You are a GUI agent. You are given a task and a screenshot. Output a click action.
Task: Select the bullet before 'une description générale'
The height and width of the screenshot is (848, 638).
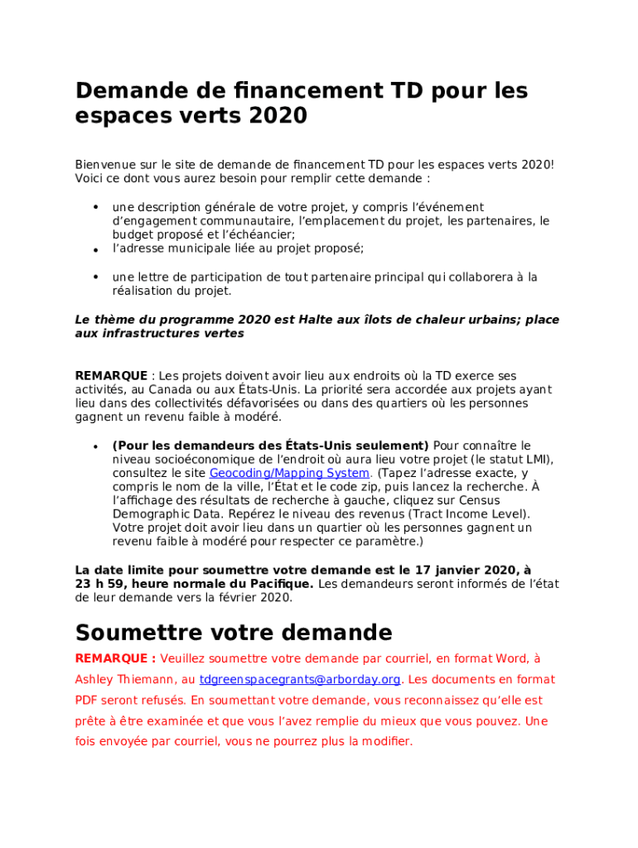click(95, 206)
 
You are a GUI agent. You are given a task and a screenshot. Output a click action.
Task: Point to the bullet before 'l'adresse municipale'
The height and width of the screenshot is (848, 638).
click(95, 249)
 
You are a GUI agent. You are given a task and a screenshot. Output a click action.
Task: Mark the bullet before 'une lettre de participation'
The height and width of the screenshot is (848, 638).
click(95, 277)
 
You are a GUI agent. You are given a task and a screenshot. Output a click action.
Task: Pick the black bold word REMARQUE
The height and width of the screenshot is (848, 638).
click(111, 377)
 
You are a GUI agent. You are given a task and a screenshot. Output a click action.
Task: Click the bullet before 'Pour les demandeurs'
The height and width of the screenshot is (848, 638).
click(95, 446)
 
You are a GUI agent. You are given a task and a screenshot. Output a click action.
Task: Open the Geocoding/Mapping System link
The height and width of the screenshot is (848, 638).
click(289, 474)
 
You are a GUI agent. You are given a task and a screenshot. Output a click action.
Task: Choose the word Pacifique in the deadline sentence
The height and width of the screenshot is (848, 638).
click(282, 583)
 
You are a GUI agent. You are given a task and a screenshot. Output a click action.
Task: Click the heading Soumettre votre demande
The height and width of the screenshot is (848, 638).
click(234, 633)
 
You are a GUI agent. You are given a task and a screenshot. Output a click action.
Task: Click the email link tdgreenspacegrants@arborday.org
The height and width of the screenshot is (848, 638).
click(301, 679)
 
